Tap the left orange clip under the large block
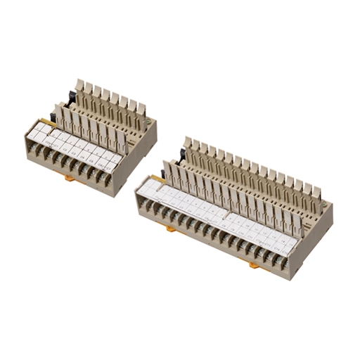point(172,229)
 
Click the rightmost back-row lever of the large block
point(317,195)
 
